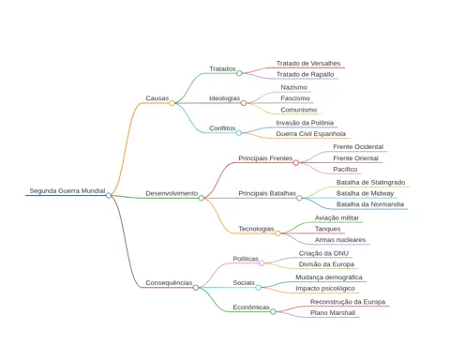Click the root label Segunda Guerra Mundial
coord(67,190)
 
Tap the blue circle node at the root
coord(109,196)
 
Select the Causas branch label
coord(157,98)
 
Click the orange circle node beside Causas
coord(172,103)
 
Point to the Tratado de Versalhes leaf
coord(308,64)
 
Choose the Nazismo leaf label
coord(293,87)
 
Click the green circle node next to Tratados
coord(239,73)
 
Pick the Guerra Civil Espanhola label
coord(310,134)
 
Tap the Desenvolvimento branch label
coord(172,193)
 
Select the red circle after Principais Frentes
coord(296,162)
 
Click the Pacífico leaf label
coord(345,169)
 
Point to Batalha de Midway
coord(365,193)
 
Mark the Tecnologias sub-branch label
coord(256,229)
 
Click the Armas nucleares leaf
coord(340,240)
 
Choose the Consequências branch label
coord(169,283)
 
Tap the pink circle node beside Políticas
coord(262,263)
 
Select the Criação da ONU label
coord(323,253)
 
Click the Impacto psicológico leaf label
coord(325,289)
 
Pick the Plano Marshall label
coord(333,313)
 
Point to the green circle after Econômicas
coord(273,311)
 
